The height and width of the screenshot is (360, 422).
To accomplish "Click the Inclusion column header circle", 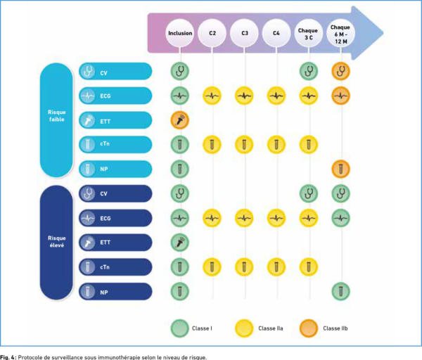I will [x=180, y=34].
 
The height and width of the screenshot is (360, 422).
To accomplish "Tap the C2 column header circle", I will [x=212, y=34].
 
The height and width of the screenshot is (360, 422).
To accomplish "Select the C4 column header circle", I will [x=276, y=34].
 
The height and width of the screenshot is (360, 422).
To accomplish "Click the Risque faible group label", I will [x=57, y=120].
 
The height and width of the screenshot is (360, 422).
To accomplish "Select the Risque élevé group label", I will [x=57, y=242].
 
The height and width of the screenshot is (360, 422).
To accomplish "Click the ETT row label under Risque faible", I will [x=116, y=120].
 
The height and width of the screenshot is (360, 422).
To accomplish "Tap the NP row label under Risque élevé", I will [x=116, y=290].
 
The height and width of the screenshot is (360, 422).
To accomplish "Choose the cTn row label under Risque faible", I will [x=116, y=144].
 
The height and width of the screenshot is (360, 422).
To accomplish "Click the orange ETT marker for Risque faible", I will [x=180, y=120].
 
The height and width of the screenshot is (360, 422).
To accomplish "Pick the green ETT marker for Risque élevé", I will [x=180, y=242].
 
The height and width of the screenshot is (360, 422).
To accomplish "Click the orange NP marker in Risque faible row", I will [x=340, y=169].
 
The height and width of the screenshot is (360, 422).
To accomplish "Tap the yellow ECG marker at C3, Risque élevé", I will [x=244, y=218].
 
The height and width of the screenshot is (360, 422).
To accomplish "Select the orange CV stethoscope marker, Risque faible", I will [x=340, y=71].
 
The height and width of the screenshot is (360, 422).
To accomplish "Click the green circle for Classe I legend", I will [x=180, y=328].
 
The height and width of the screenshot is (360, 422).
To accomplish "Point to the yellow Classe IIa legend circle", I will [x=244, y=328].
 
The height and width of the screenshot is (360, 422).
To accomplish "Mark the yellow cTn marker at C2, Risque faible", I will [x=212, y=144].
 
